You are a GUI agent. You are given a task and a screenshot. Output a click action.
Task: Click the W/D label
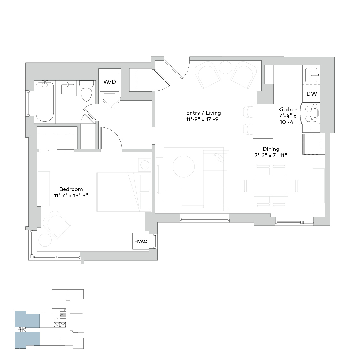(x=110, y=82)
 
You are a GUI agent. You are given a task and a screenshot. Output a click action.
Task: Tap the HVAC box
(x=141, y=241)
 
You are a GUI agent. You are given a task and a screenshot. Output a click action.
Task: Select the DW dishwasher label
(x=311, y=94)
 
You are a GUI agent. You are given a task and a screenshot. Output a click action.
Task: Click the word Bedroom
(x=71, y=189)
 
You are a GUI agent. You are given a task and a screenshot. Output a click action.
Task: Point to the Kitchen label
(x=288, y=109)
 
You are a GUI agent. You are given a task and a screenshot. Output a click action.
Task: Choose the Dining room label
(x=271, y=149)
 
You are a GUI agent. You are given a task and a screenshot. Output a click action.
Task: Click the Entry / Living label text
(x=203, y=113)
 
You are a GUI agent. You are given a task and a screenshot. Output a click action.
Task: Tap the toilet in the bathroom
(x=87, y=91)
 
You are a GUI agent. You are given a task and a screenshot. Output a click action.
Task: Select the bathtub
(x=45, y=102)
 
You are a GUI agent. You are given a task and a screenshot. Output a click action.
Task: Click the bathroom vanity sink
(x=68, y=88)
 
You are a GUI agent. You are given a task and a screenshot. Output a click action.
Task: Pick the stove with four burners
(x=311, y=113)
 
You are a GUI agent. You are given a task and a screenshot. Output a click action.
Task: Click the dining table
(x=271, y=186)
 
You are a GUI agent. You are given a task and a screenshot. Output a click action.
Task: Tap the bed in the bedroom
(x=124, y=192)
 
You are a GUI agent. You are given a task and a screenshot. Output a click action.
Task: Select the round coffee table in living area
(x=184, y=166)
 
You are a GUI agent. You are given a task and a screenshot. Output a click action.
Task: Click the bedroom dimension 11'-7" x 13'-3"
(x=71, y=195)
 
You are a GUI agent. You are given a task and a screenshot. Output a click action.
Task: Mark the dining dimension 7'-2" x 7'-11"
(x=271, y=156)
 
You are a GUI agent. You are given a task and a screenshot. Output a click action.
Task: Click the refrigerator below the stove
(x=312, y=144)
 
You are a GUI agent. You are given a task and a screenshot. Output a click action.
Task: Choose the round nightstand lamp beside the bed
(x=145, y=165)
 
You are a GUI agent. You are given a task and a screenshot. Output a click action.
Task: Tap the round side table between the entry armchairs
(x=226, y=67)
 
